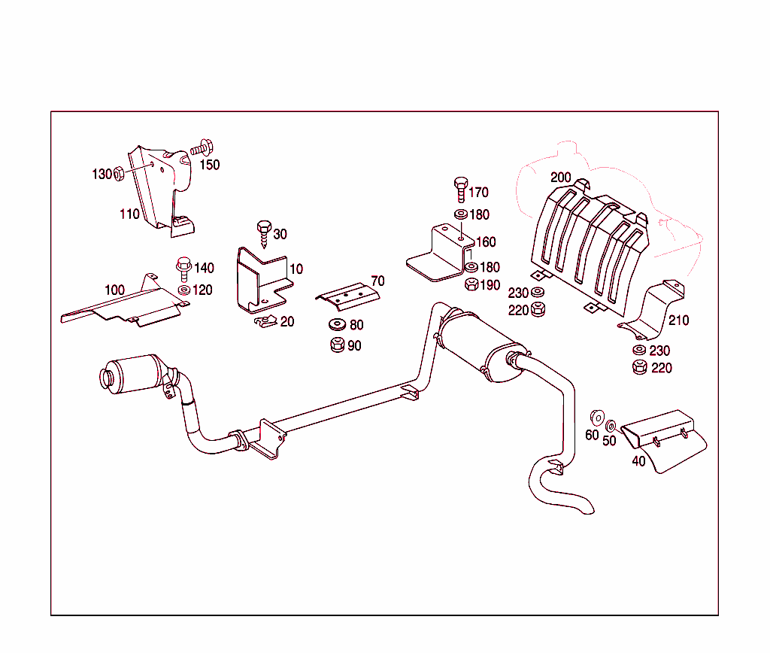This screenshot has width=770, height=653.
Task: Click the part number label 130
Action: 102,175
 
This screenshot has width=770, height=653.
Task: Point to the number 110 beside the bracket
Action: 129,214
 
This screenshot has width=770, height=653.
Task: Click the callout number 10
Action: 296,269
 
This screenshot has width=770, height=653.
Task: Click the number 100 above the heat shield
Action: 114,290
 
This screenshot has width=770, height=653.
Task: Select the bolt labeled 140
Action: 183,266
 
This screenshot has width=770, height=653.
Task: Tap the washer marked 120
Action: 183,290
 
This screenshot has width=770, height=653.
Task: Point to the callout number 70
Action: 377,281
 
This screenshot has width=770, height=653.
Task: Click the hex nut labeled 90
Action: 336,346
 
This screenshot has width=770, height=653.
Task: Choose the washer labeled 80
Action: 335,325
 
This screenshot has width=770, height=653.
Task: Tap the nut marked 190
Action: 471,284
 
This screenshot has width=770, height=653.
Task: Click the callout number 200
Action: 560,178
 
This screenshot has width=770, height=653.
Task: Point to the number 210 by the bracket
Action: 678,320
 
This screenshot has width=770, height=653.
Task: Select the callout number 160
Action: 486,242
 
